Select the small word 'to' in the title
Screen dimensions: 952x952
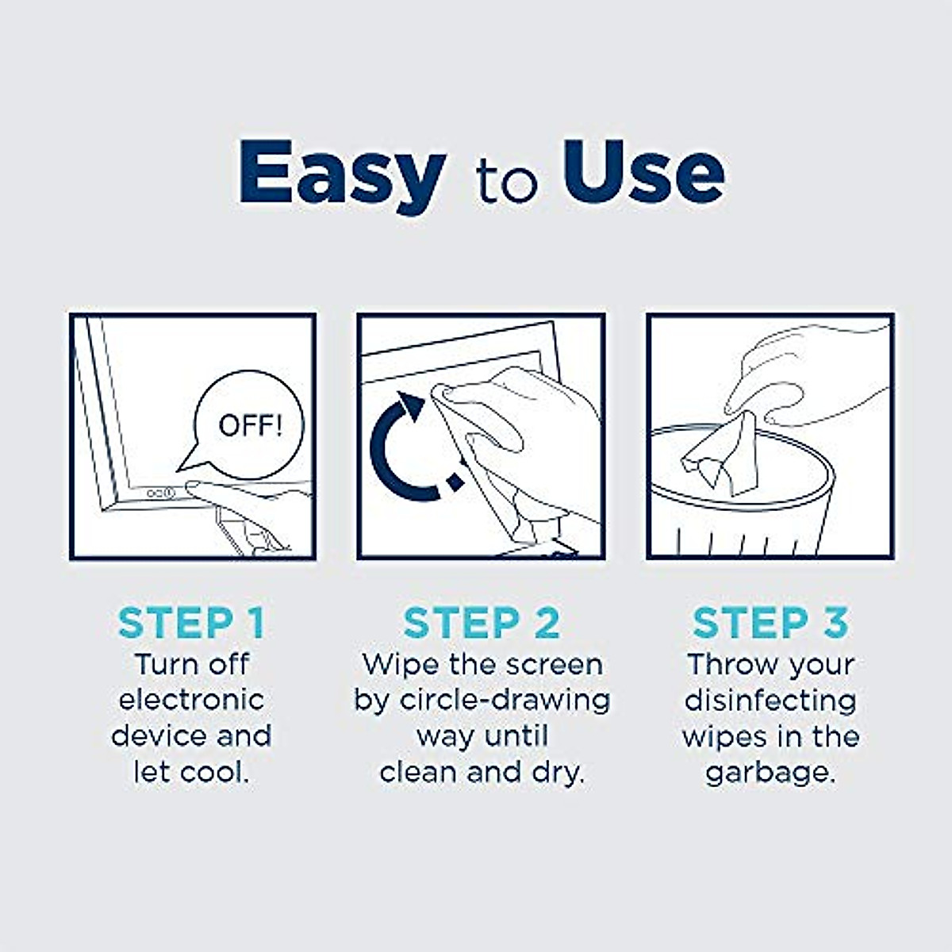[x=507, y=182]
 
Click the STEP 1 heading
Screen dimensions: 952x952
[x=190, y=624]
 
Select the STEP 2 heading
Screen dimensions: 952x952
[x=481, y=624]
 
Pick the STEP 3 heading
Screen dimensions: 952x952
[x=770, y=624]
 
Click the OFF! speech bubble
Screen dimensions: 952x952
[x=249, y=425]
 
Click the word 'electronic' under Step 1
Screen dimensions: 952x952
[x=190, y=700]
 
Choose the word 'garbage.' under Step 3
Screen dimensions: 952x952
[x=770, y=772]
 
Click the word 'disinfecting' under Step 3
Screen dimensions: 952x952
[x=770, y=700]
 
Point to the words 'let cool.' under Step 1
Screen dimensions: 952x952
[x=190, y=772]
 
